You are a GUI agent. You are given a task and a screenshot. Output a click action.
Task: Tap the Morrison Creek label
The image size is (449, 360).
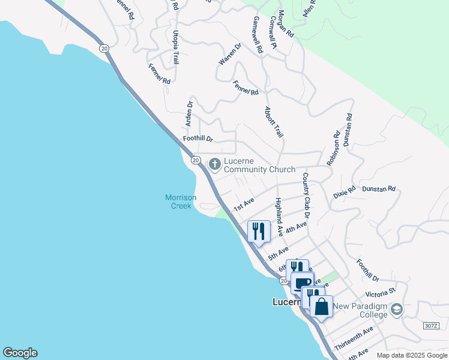click(x=178, y=202)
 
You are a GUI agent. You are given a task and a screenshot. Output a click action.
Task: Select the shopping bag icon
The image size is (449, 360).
click(x=322, y=306)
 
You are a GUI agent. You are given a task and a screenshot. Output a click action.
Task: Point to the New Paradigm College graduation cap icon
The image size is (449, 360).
click(x=396, y=310)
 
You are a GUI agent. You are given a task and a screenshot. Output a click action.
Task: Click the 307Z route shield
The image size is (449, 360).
click(x=431, y=325)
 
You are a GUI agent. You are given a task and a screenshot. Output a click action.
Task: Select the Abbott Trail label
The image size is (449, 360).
click(x=274, y=122)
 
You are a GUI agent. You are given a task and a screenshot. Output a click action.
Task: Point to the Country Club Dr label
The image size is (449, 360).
click(x=306, y=195)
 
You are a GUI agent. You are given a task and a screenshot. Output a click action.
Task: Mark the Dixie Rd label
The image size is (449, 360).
click(x=345, y=192)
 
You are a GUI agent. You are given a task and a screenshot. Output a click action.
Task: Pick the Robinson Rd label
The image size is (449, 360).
click(x=333, y=148)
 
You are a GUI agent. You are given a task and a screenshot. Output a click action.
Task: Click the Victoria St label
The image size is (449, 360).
click(x=381, y=294)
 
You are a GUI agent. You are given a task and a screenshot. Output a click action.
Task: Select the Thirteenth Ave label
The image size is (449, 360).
click(x=354, y=339)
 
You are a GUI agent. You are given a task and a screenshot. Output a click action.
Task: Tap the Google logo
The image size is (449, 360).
click(x=20, y=353)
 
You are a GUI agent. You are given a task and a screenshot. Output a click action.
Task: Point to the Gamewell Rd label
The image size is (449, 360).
click(x=258, y=36)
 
